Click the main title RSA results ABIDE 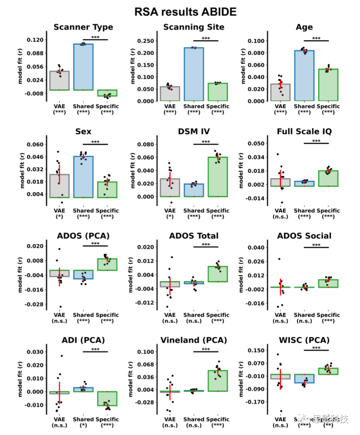(185, 12)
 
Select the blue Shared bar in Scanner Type (83, 67)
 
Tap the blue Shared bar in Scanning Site (194, 74)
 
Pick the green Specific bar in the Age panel (328, 85)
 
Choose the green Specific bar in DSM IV (218, 177)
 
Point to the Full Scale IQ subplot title (304, 132)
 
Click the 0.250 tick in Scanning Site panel (146, 41)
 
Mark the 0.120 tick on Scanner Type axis (35, 40)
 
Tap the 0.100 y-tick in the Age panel (256, 41)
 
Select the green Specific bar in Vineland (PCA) (218, 381)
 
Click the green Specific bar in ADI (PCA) (107, 398)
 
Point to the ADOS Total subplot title (194, 236)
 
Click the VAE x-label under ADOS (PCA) (59, 315)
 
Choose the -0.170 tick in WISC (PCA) (255, 402)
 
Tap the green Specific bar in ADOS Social (328, 283)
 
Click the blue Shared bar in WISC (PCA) (304, 378)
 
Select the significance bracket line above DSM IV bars (206, 144)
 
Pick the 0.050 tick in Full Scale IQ (256, 144)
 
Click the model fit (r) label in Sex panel (22, 171)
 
